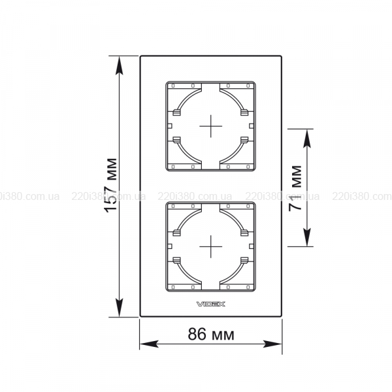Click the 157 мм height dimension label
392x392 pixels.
(111, 186)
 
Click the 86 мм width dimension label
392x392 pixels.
(211, 334)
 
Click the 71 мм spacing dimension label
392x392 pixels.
(295, 188)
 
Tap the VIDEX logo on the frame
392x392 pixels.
(211, 304)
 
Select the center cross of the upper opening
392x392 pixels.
(211, 126)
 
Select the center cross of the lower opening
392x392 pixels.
(211, 246)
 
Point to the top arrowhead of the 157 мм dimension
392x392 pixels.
(120, 65)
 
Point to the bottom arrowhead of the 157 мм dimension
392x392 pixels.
(120, 308)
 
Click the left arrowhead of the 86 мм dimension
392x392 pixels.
(149, 344)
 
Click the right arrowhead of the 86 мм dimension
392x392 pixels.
(272, 344)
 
